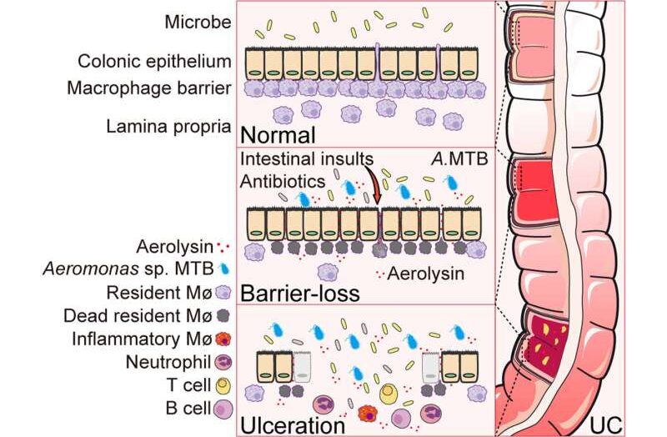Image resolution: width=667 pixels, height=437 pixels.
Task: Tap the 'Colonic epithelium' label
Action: pyautogui.click(x=153, y=62)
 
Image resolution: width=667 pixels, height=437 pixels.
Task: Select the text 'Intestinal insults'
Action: pyautogui.click(x=308, y=158)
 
